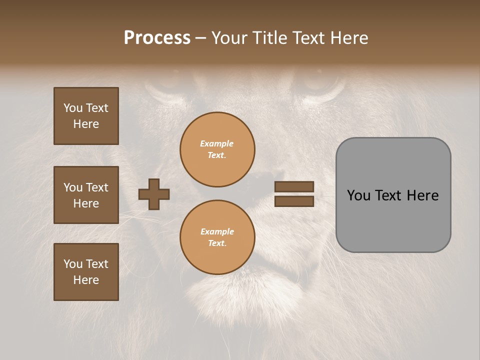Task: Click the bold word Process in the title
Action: [x=157, y=38]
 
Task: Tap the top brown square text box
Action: [x=86, y=116]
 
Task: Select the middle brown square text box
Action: [x=86, y=195]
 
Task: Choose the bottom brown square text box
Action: [x=86, y=272]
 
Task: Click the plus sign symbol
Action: [x=154, y=194]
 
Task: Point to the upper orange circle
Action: [x=217, y=149]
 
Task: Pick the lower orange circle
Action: [x=217, y=237]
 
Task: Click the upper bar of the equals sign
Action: [x=294, y=186]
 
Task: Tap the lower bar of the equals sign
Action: [x=294, y=201]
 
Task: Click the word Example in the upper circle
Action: [x=217, y=143]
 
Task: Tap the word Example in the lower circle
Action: [x=217, y=231]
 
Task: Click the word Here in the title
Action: [x=349, y=38]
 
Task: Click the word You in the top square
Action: [x=73, y=108]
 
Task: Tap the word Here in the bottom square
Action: [x=86, y=280]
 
